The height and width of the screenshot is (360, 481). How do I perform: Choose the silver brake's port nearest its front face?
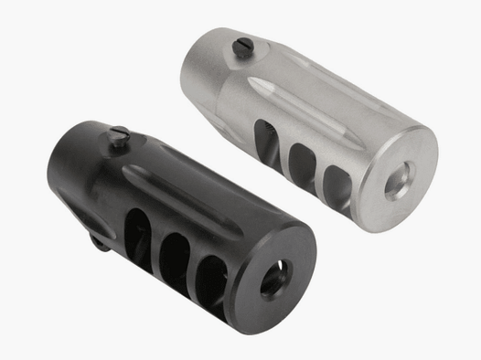pyautogui.click(x=335, y=174)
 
